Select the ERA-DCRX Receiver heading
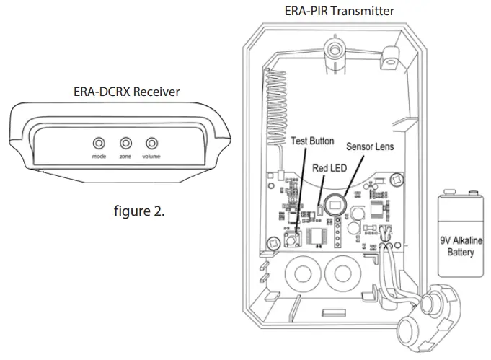coord(126,91)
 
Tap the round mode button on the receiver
coord(99,143)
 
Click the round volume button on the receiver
coord(151,143)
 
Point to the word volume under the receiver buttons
coord(151,157)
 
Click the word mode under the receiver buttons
coord(99,157)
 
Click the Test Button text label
coord(312,141)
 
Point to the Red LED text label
coord(329,167)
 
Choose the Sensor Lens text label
coord(369,146)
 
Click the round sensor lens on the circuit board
coord(335,204)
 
